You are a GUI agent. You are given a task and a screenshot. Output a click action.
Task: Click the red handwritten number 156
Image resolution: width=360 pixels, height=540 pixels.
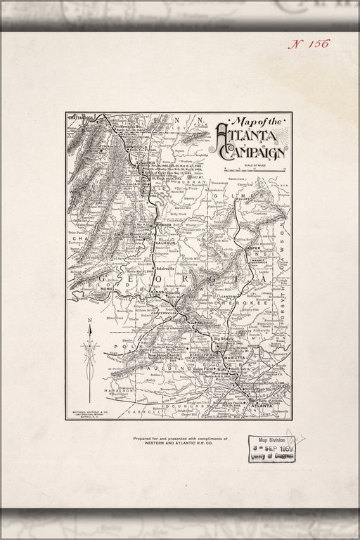pyautogui.click(x=309, y=44)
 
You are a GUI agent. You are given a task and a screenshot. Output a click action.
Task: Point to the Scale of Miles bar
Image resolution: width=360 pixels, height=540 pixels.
pyautogui.click(x=250, y=169)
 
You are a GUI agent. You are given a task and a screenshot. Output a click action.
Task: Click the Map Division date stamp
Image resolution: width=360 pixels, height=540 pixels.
pyautogui.click(x=271, y=450)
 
